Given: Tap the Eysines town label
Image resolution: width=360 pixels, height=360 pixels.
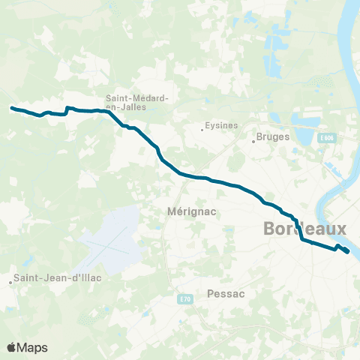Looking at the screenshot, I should pyautogui.click(x=220, y=126).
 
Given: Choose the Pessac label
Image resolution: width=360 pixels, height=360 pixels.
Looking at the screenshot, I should pyautogui.click(x=224, y=294).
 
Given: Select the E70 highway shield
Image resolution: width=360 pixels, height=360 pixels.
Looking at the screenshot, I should pyautogui.click(x=185, y=299).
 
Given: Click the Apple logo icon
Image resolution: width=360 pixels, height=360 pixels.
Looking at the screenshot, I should pyautogui.click(x=12, y=347).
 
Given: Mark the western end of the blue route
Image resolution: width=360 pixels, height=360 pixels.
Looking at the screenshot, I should pyautogui.click(x=11, y=108).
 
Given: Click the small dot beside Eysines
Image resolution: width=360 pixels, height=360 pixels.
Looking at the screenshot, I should pyautogui.click(x=202, y=130).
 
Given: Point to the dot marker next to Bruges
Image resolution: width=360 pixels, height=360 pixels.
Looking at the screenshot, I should pyautogui.click(x=253, y=142).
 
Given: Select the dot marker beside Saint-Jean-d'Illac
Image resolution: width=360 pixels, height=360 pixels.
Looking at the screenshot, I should pyautogui.click(x=10, y=283).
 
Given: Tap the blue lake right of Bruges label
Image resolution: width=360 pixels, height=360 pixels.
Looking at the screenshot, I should pyautogui.click(x=304, y=135).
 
